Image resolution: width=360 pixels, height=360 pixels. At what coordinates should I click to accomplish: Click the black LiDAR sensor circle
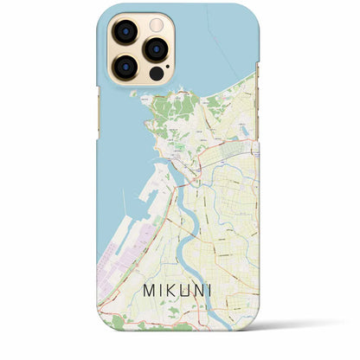[156, 73]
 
